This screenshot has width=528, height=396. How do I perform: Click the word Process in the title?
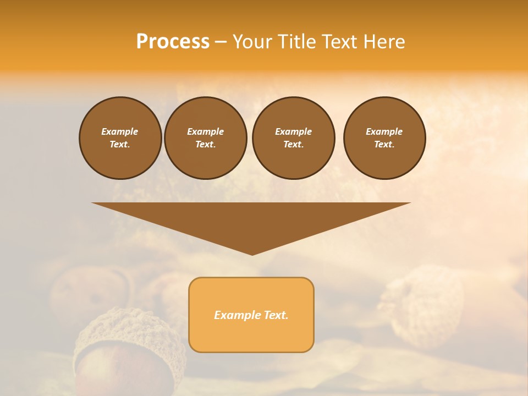173,42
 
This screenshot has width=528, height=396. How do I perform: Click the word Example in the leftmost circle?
120,131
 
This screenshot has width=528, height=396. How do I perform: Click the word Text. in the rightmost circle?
384,144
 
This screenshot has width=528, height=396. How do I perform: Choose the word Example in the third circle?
294,131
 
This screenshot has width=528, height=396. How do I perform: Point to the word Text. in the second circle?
206,144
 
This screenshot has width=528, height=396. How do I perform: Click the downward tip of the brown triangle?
252,253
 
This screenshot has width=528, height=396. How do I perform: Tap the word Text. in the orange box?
276,315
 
